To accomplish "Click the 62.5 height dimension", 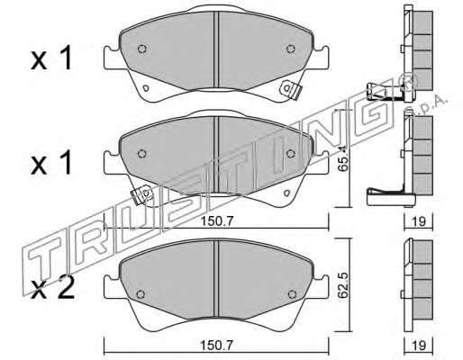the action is (342, 285).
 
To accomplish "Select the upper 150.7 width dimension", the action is (217, 221).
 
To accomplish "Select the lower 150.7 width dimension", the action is (217, 346).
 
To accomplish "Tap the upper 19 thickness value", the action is (418, 221).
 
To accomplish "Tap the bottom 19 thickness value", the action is (418, 346).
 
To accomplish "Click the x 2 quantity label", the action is (52, 290).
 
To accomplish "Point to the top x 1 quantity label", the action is (51, 59).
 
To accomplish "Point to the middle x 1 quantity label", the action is (51, 164).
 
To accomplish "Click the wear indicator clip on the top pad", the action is (290, 90).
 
